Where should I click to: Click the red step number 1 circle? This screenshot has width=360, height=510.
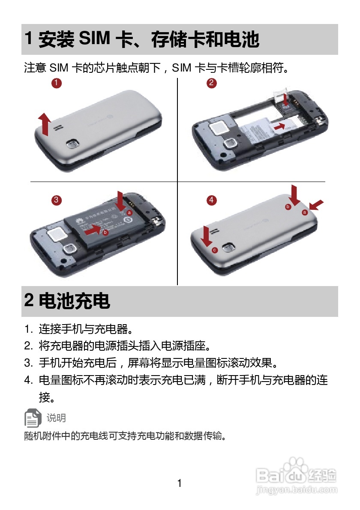click(x=56, y=83)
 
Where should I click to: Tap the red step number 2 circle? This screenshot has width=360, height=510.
click(x=211, y=83)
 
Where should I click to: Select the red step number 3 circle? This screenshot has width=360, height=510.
click(x=56, y=200)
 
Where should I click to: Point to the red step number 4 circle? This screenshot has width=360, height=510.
click(x=211, y=200)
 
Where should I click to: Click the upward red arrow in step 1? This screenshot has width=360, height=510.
click(x=43, y=123)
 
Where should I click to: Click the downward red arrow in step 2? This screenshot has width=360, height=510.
click(x=286, y=97)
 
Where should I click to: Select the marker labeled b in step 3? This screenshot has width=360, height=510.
click(x=105, y=232)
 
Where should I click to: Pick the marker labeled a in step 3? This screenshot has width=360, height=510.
click(x=129, y=212)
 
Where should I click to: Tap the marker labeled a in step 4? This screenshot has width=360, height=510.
click(x=305, y=212)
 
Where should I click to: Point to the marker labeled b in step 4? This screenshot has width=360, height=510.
click(x=288, y=206)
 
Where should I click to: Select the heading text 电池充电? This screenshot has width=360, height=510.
click(x=75, y=301)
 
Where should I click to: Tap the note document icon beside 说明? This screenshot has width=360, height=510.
click(x=33, y=418)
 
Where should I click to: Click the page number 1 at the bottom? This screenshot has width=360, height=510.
click(x=180, y=483)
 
